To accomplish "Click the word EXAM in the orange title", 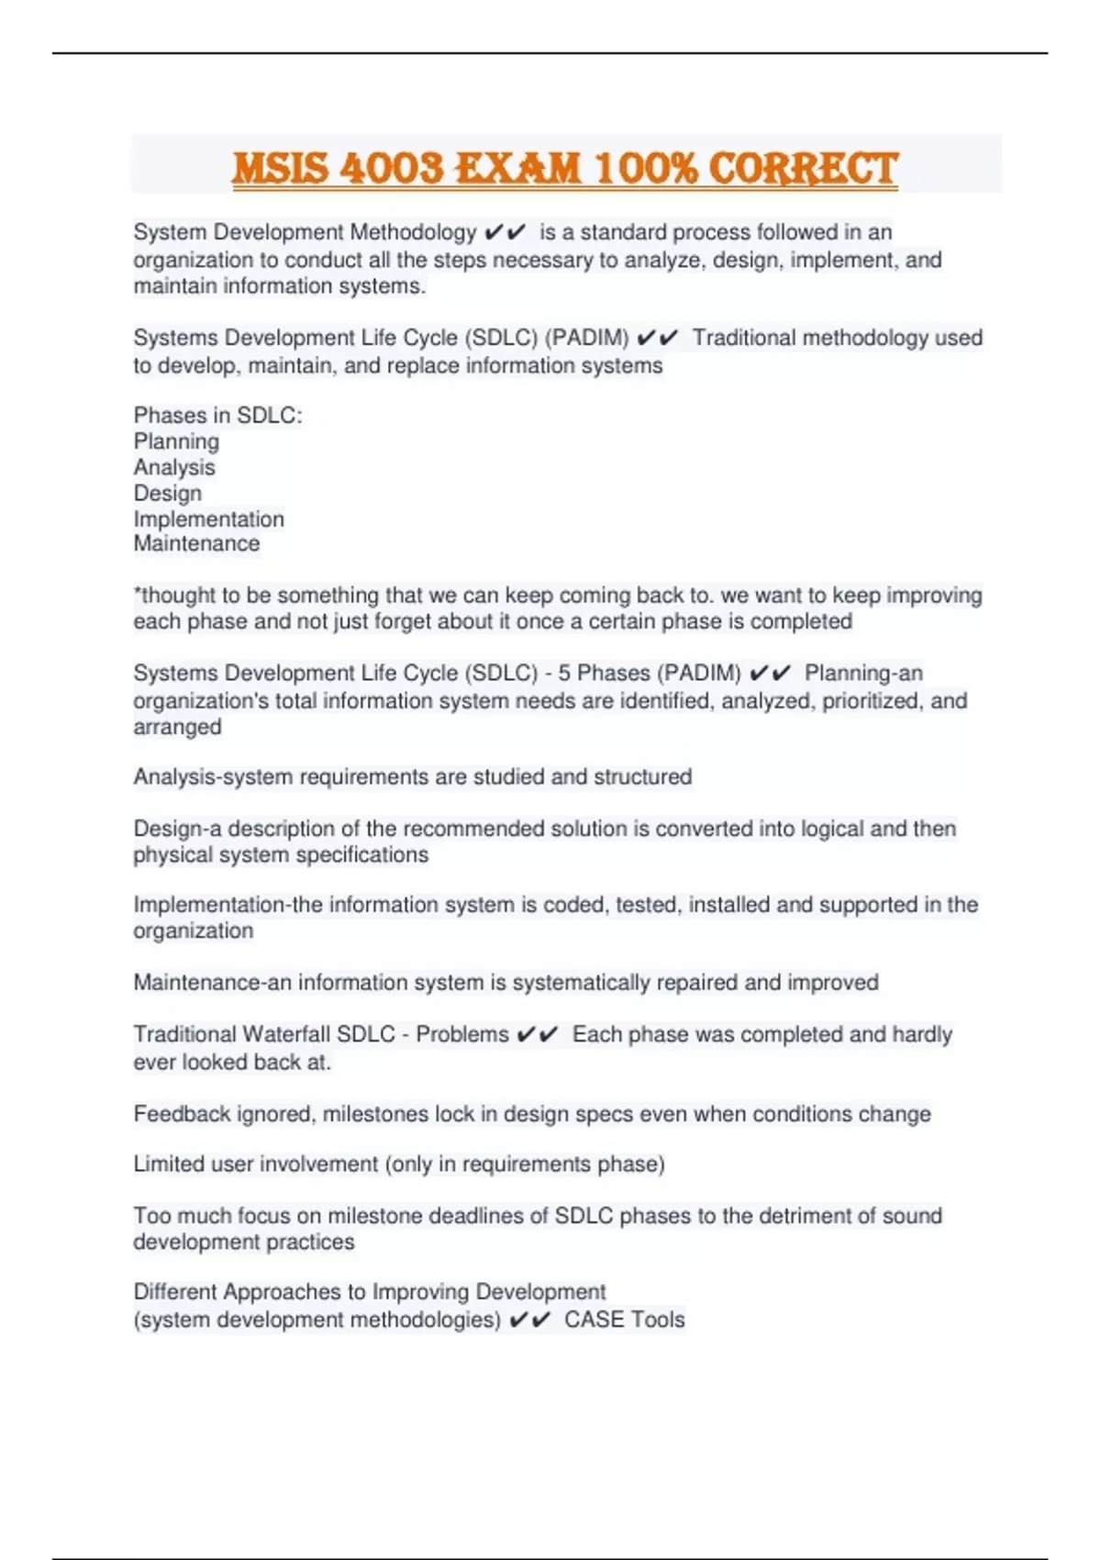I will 518,169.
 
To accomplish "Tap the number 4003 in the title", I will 391,169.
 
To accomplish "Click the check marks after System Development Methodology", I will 505,232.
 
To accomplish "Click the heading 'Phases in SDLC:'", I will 217,416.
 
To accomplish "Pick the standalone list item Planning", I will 176,441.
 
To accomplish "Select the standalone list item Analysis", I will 174,467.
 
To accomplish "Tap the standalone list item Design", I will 168,493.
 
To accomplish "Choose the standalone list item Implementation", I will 209,518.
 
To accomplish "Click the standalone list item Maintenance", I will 196,543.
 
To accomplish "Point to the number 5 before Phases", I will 564,673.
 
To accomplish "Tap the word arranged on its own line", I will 177,727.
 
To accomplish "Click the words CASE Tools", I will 624,1320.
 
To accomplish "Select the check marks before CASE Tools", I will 529,1320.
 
